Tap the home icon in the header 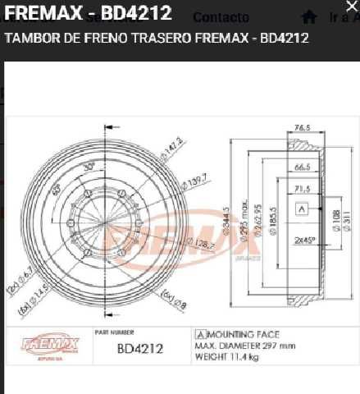[x=309, y=16]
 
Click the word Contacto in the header [x=221, y=17]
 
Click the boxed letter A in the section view [x=301, y=209]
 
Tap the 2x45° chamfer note [x=306, y=242]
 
